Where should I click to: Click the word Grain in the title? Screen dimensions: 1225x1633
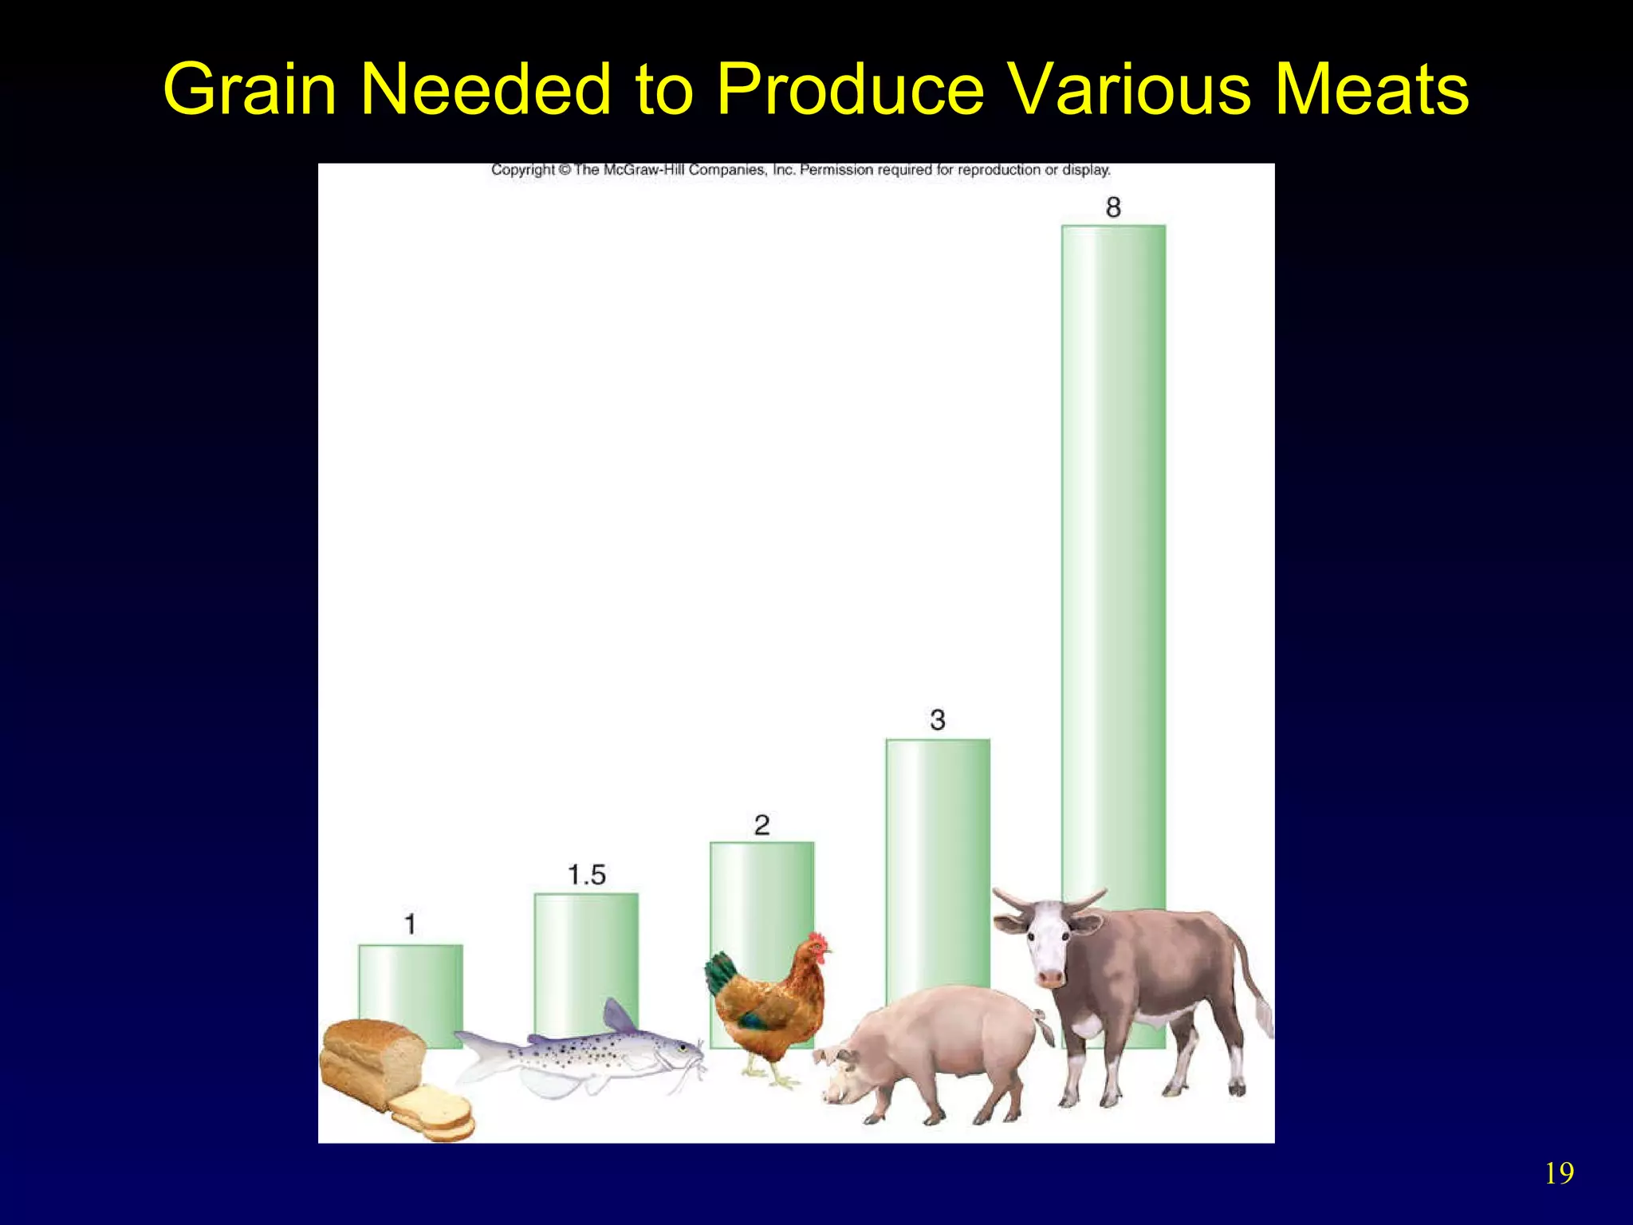click(x=250, y=90)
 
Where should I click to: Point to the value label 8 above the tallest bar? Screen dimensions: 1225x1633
click(x=1113, y=207)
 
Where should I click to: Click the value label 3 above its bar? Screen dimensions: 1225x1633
click(x=938, y=720)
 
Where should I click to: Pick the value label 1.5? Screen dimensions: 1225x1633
click(x=587, y=875)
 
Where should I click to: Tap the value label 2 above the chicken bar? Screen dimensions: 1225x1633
click(x=761, y=825)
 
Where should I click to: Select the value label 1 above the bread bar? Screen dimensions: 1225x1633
click(x=410, y=924)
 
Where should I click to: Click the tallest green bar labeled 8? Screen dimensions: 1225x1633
click(x=1113, y=558)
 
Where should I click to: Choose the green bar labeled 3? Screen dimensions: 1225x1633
click(x=938, y=861)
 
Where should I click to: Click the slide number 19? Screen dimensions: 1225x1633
click(x=1559, y=1174)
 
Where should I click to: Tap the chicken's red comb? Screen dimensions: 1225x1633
click(x=817, y=941)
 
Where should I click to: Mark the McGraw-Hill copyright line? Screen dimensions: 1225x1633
click(x=800, y=170)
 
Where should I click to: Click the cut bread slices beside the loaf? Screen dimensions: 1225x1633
click(x=435, y=1113)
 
